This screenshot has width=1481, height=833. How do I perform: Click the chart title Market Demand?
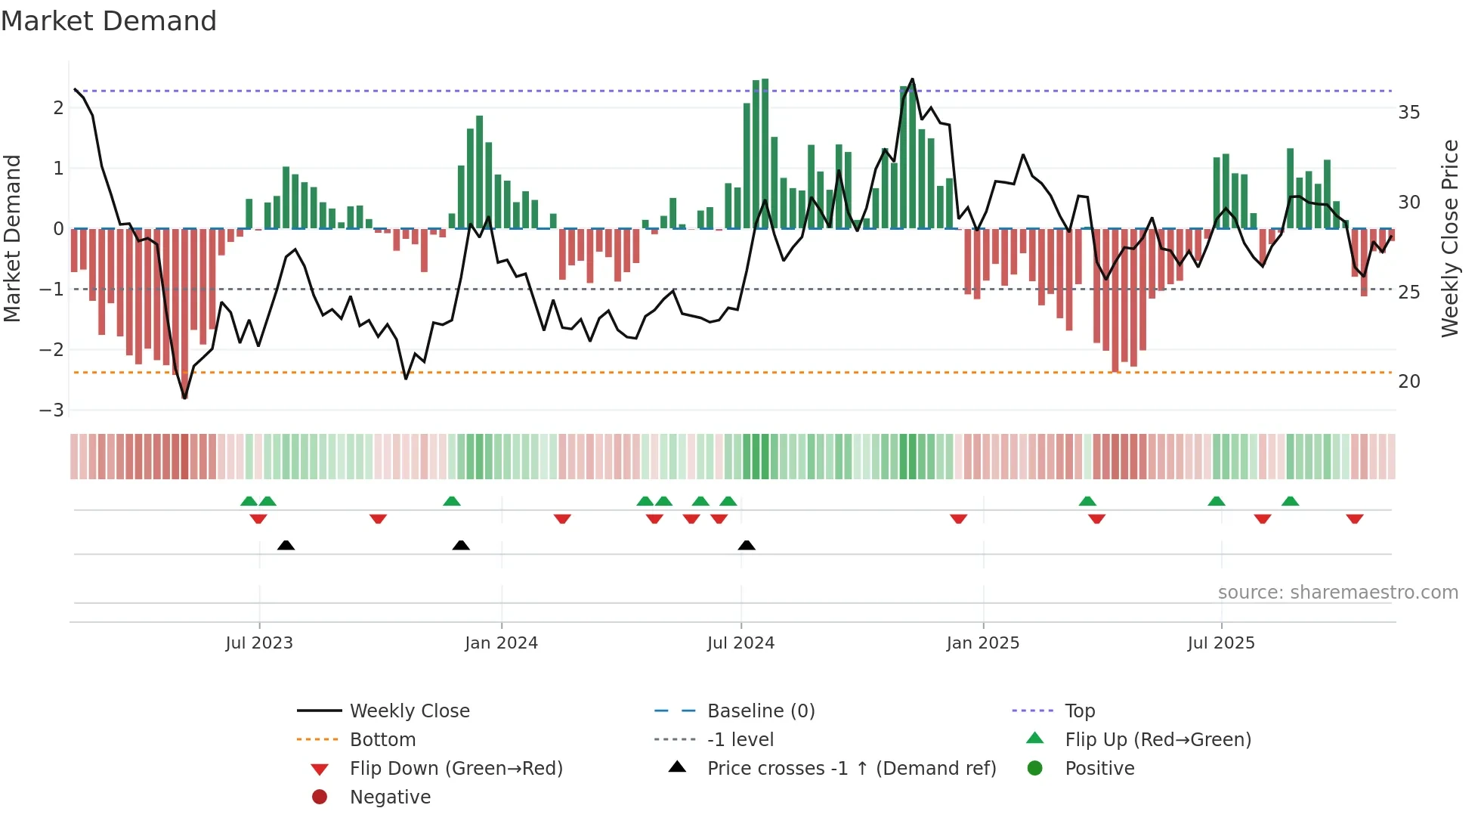[109, 21]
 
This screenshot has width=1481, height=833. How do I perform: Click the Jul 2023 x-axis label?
[259, 643]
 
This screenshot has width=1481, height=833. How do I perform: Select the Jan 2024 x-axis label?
[501, 643]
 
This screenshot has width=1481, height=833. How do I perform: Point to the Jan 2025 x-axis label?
[982, 643]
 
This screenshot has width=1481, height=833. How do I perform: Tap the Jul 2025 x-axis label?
[1220, 643]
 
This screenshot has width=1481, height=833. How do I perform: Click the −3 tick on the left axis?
[52, 410]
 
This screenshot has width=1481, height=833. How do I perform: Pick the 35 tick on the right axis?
[1408, 113]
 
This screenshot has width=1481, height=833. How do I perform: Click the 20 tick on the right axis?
[1408, 382]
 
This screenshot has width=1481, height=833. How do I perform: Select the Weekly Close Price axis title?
[1449, 238]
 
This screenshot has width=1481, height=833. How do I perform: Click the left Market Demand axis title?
[12, 238]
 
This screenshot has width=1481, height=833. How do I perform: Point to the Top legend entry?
[1079, 711]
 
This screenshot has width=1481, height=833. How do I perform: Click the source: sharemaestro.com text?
[1337, 593]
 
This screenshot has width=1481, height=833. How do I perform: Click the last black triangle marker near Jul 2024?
[747, 546]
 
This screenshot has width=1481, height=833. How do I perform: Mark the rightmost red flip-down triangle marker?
[1354, 519]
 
